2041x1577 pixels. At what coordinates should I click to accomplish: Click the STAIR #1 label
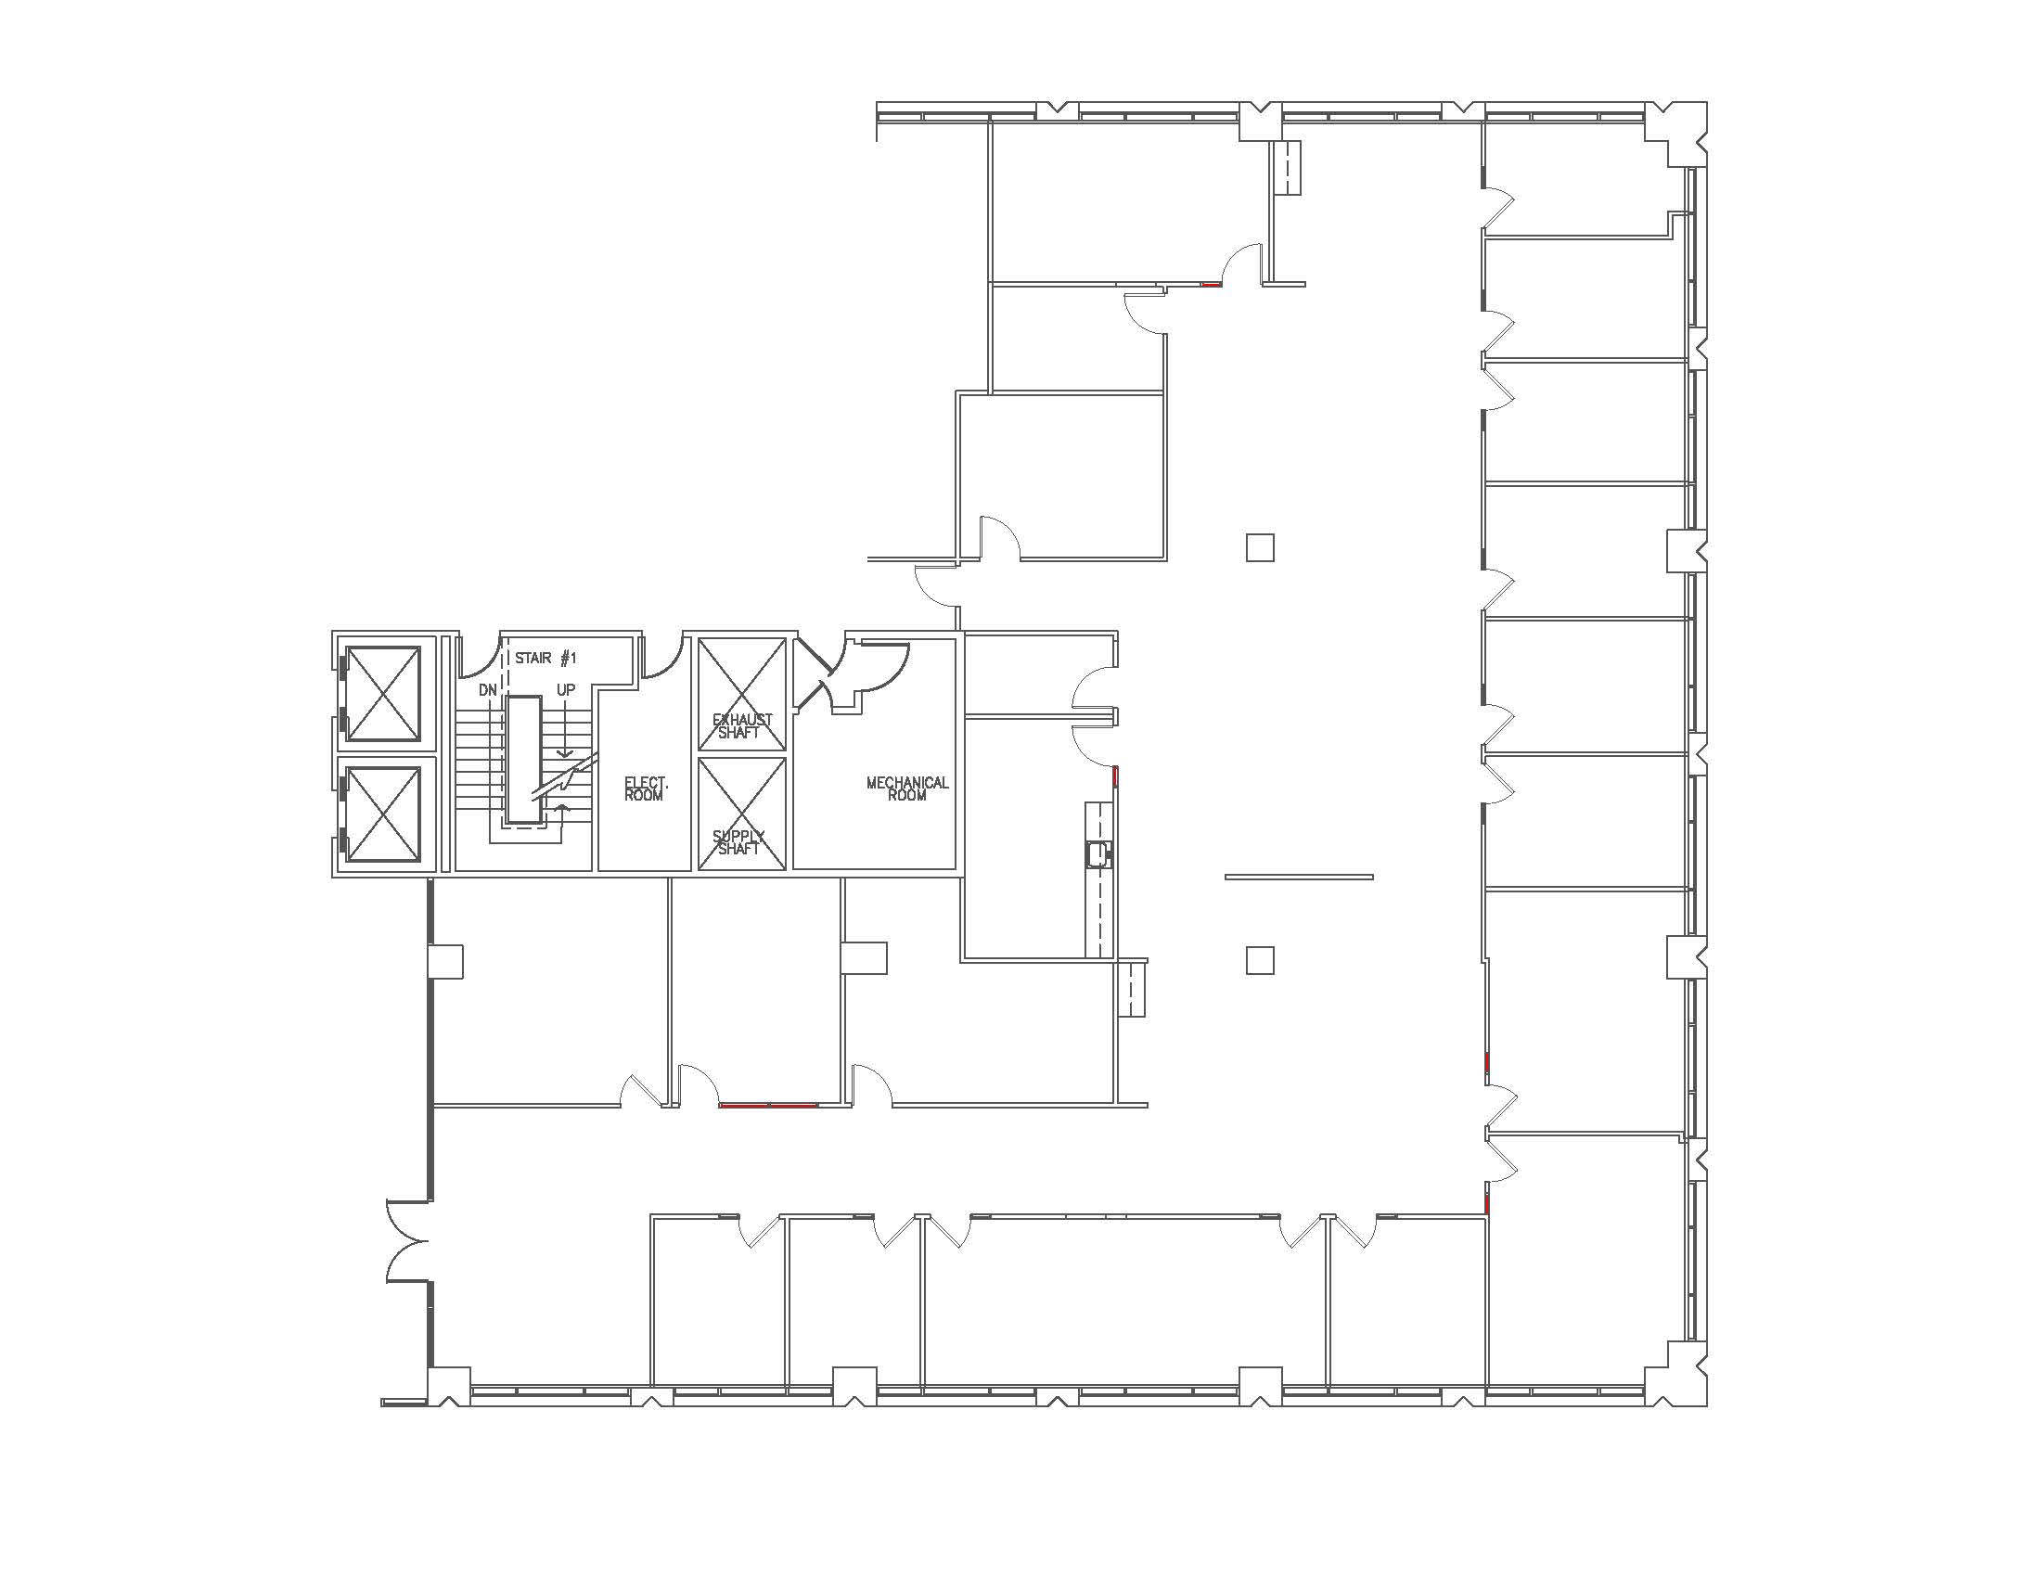546,658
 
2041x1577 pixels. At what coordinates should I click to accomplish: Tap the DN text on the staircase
488,689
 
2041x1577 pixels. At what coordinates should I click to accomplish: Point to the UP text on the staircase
565,689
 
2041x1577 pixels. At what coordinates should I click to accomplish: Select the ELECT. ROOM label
644,788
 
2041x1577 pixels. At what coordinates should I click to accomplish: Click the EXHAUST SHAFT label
742,726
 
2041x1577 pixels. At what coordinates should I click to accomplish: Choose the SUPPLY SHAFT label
738,841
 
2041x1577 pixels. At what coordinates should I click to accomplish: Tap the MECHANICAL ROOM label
906,788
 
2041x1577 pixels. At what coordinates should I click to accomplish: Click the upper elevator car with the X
384,693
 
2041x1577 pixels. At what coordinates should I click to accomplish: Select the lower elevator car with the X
384,814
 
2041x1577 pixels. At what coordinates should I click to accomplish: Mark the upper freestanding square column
1260,547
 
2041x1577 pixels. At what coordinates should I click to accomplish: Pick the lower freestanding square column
1260,959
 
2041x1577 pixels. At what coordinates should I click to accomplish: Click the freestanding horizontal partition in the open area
1299,877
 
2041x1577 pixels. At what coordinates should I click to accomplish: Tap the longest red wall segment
769,1105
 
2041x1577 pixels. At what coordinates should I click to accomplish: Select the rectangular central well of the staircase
524,761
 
